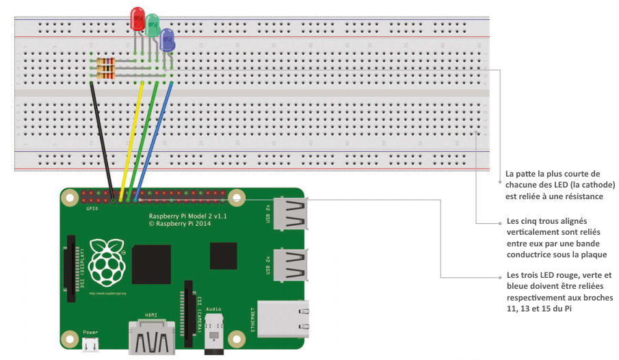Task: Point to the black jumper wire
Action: (x=102, y=137)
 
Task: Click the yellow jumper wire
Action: (x=132, y=137)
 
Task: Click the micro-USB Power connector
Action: (x=90, y=344)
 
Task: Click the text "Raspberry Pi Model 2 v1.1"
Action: (x=187, y=215)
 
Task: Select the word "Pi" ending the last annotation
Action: (x=567, y=309)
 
